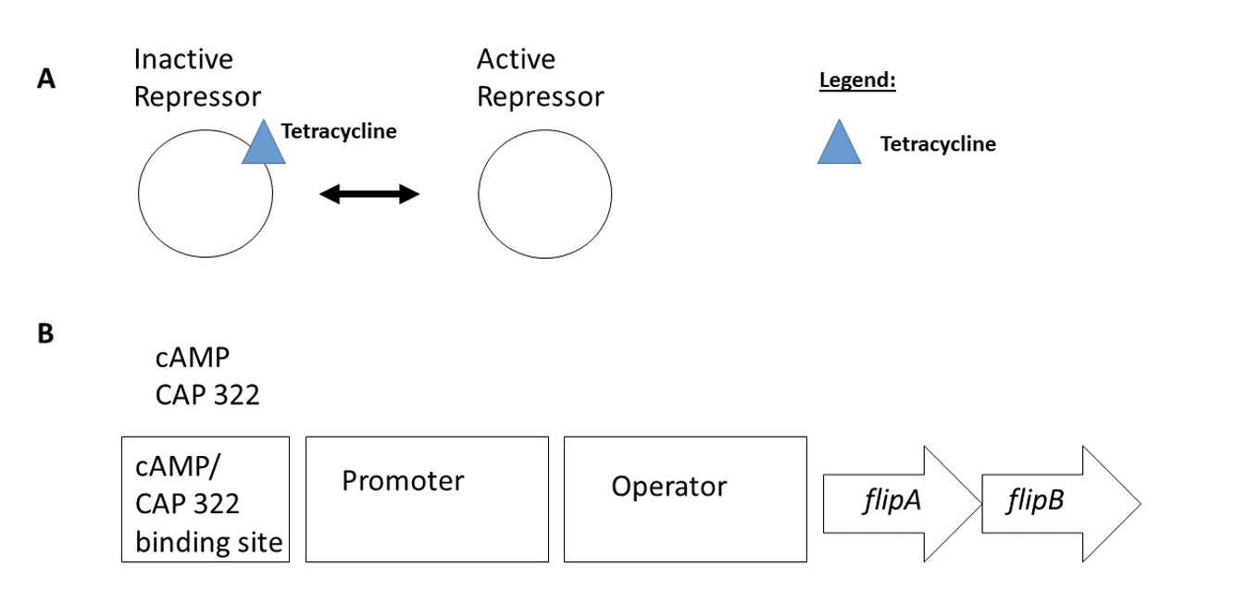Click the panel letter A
46,80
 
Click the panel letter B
45,334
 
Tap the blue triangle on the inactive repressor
264,147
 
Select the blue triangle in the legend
839,145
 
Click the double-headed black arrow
369,193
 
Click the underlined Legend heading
857,80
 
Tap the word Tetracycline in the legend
938,144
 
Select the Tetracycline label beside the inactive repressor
339,131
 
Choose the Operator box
685,499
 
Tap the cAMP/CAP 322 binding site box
205,499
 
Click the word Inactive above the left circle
183,59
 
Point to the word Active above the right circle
516,59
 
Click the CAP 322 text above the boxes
207,395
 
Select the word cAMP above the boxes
192,358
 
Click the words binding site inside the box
208,542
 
